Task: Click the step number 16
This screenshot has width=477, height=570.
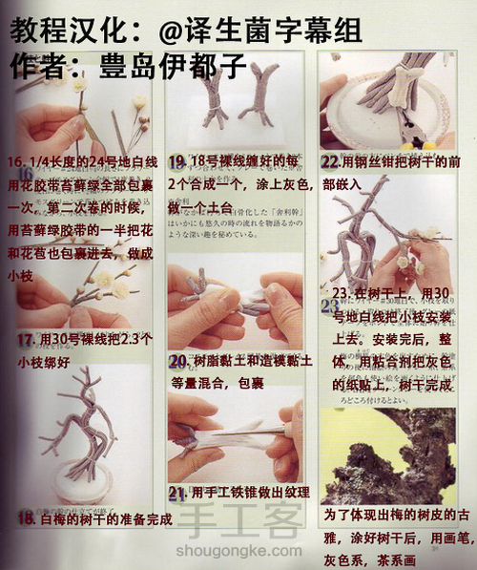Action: pyautogui.click(x=16, y=159)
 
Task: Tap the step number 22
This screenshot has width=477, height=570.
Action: pyautogui.click(x=331, y=161)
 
